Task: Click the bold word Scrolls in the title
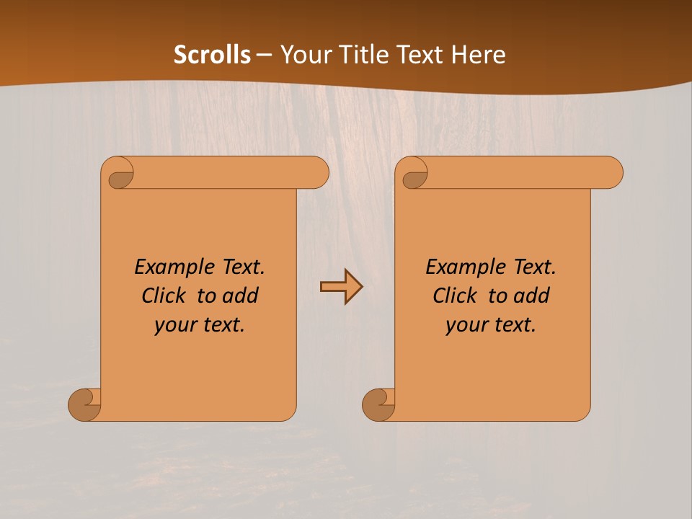tap(212, 55)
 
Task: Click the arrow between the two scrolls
tap(341, 287)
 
